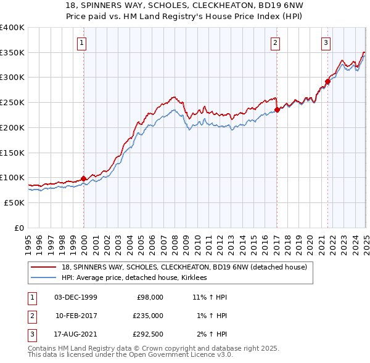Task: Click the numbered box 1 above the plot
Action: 82,42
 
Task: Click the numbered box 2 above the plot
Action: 274,42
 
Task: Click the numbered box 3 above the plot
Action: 325,42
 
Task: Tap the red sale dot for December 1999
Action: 83,178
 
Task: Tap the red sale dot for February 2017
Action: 277,110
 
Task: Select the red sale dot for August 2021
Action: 327,81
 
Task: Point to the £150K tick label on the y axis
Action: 12,152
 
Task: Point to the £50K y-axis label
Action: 14,202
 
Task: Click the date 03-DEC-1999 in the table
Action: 75,297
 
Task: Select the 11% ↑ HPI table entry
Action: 210,297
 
